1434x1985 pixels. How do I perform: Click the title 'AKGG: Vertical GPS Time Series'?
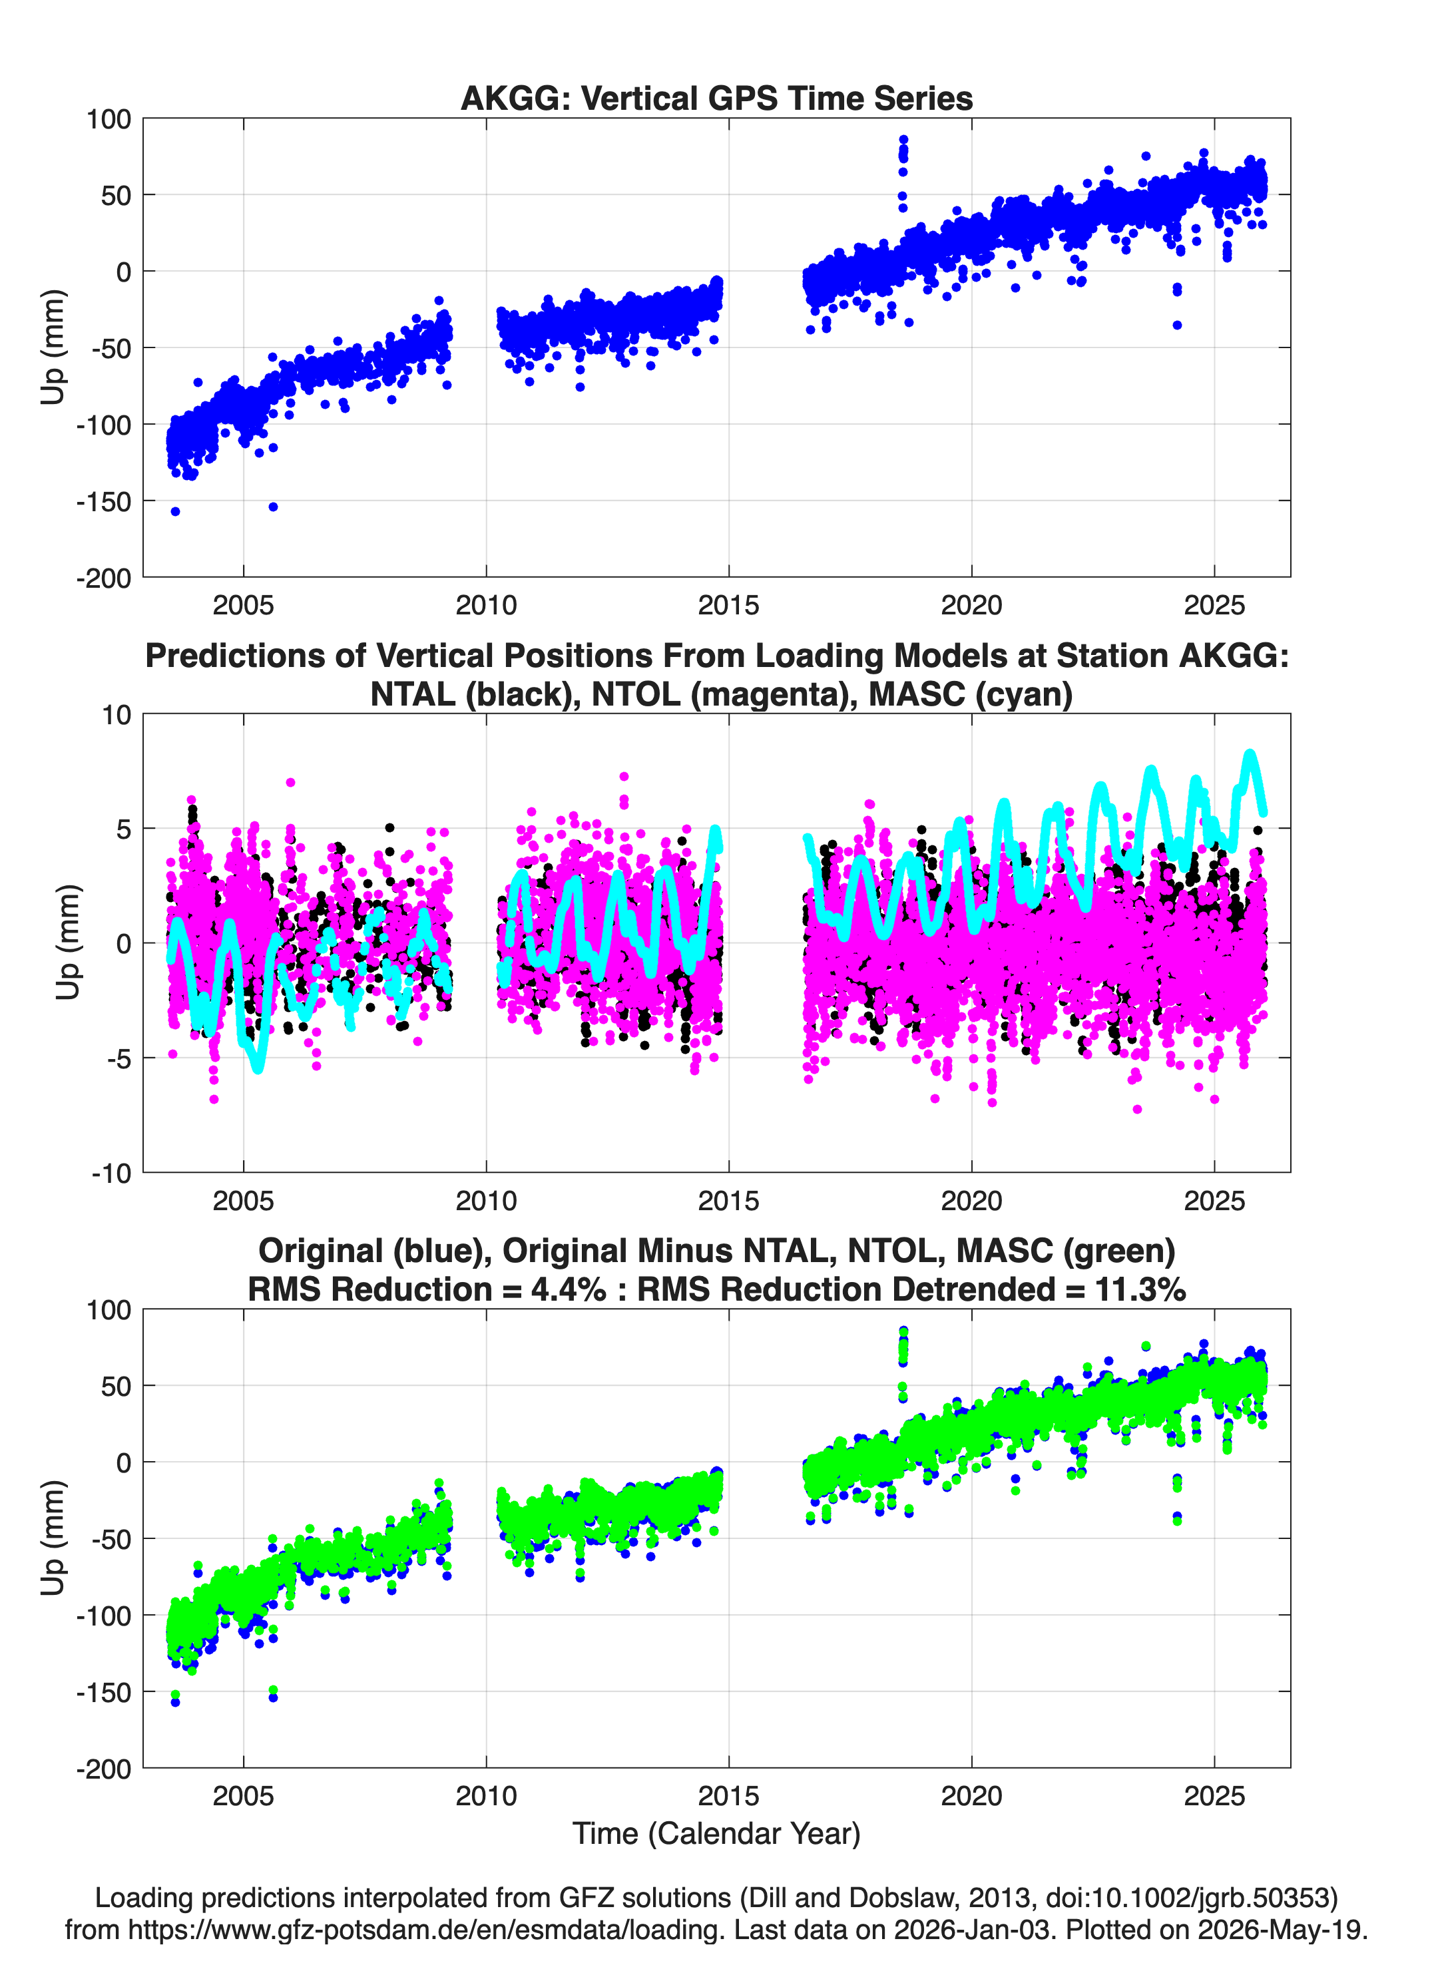coord(716,98)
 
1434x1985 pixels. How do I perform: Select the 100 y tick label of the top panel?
coord(109,119)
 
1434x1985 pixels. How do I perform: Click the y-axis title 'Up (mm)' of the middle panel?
coord(69,943)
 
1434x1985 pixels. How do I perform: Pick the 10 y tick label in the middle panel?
coord(117,715)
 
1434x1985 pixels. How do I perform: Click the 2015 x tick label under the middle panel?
coord(728,1201)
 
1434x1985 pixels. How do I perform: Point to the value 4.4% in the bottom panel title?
coord(568,1289)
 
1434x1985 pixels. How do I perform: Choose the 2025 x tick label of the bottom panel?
coord(1214,1796)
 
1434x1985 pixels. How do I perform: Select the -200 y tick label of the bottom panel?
coord(103,1769)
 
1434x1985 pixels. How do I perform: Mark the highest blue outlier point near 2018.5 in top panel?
coord(903,140)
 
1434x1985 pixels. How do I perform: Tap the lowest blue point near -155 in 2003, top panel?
coord(175,511)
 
